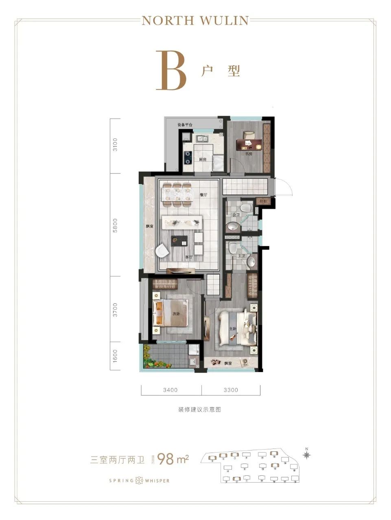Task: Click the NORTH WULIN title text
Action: coord(195,20)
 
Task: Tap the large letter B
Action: coord(171,71)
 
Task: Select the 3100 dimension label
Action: coord(115,145)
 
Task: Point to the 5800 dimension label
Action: coord(115,225)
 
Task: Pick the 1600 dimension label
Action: coord(115,356)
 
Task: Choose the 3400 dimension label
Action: coord(171,390)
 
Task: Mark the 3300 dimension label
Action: coord(231,390)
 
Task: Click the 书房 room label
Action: coord(249,154)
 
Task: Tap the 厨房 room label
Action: coord(202,159)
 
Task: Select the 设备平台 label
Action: coord(185,125)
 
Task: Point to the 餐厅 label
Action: coord(203,195)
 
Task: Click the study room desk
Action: coord(249,143)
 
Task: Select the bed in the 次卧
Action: coord(170,313)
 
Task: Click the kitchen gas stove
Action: coord(188,157)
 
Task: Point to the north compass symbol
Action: coord(307,454)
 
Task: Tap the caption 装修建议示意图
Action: coord(199,410)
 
